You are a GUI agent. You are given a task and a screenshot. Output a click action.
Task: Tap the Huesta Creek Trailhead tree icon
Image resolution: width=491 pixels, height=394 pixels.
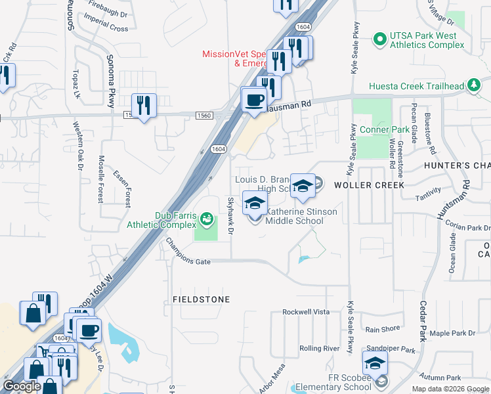point(473,86)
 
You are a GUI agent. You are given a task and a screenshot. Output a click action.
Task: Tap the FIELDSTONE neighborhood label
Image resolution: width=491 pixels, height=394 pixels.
point(201,299)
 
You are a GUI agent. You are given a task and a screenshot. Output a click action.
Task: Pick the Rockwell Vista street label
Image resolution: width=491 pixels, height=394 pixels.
point(305,312)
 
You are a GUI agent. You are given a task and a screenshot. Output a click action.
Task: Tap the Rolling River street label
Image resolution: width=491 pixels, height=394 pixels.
point(319,348)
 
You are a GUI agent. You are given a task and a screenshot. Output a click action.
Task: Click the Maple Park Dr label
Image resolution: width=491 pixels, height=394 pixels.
point(452,334)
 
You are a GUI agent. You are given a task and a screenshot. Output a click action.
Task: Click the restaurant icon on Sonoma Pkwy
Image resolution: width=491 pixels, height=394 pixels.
point(142,106)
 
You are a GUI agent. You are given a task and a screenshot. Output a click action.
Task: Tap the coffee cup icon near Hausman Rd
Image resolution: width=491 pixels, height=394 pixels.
point(253,100)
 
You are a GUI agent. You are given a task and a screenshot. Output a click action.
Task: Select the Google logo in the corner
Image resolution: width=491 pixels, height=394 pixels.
point(22,386)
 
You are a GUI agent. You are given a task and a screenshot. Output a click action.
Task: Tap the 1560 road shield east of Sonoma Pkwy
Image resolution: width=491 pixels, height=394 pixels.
point(204,116)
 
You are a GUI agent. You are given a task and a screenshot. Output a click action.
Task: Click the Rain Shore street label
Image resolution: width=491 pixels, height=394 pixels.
point(383,329)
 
